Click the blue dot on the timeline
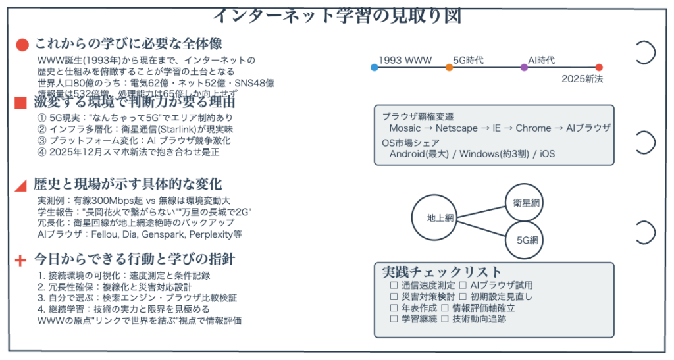click(x=374, y=67)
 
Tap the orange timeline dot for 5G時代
click(x=449, y=67)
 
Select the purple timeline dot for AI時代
click(x=524, y=67)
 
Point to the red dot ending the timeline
click(x=599, y=67)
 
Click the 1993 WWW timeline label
click(x=405, y=60)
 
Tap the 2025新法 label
click(x=583, y=78)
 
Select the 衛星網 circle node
click(x=527, y=203)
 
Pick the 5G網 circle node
click(x=527, y=239)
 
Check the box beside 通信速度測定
click(x=394, y=286)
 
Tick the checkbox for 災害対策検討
click(x=394, y=297)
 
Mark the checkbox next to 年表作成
click(x=394, y=308)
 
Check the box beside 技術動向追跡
click(x=446, y=319)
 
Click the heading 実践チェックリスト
click(x=442, y=272)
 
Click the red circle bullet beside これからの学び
click(x=22, y=45)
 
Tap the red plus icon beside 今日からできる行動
click(x=20, y=260)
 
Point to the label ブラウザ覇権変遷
click(x=418, y=116)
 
